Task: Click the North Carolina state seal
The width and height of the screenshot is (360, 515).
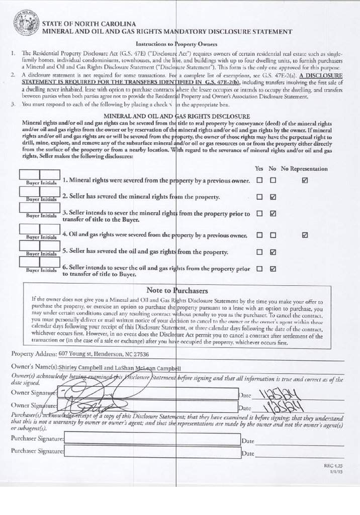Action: click(x=25, y=25)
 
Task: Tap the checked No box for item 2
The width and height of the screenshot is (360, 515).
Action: click(x=273, y=197)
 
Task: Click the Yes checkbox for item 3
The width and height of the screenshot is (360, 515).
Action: click(x=259, y=213)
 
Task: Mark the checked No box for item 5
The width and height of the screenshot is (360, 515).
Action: click(x=273, y=251)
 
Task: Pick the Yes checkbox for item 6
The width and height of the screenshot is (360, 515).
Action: click(x=259, y=269)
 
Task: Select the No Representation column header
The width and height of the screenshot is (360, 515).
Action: click(x=304, y=169)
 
